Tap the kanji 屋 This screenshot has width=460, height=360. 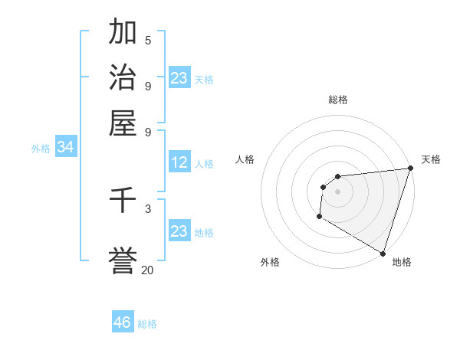coord(123,122)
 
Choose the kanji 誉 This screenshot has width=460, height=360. coord(123,259)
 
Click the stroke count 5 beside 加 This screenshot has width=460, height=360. coord(148,41)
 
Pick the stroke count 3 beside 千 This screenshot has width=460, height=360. coord(148,208)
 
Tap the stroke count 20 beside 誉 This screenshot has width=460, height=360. coord(147,270)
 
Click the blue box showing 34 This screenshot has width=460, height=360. coord(65,148)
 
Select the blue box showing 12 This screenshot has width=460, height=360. coord(179,162)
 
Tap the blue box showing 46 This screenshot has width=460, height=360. coord(123,322)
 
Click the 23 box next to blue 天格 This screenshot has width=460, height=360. coord(179,78)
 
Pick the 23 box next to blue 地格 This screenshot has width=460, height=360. coord(179,231)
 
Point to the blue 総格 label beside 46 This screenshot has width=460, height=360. coord(147,324)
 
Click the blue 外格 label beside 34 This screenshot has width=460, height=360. coord(41,149)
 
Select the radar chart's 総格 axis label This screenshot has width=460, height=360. coord(337,100)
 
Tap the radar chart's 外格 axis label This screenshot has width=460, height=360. coord(270,262)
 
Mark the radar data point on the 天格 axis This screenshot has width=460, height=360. coord(410,168)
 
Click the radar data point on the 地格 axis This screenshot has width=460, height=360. coord(382,253)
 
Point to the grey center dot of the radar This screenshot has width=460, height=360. coord(337,191)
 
